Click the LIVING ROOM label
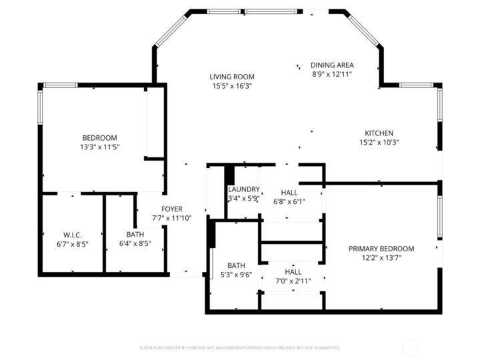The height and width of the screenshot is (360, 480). tap(232, 77)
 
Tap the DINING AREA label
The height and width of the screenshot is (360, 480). tap(332, 65)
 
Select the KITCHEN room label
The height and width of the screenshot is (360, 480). tap(379, 133)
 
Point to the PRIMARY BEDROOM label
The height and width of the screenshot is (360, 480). tap(381, 249)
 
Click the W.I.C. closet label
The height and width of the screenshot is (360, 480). tap(73, 235)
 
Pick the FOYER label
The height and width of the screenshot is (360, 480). tap(172, 209)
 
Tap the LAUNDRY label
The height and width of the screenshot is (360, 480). tap(243, 189)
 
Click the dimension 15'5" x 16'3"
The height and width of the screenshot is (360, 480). tap(232, 86)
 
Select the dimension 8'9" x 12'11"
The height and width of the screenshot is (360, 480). tap(332, 74)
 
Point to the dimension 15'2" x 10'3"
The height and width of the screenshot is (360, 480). tap(379, 142)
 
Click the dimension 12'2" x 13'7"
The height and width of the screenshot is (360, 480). tap(381, 258)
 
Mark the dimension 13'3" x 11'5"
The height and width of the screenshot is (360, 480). tap(99, 147)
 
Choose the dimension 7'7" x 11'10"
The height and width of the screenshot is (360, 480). tap(172, 218)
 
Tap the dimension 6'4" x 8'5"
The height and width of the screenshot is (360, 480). tap(135, 244)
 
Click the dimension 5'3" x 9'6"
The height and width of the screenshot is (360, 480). tap(236, 274)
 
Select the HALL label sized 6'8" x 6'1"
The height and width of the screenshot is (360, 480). tap(289, 192)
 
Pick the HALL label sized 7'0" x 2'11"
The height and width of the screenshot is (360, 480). tap(293, 272)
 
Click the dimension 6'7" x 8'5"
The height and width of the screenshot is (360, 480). tap(73, 244)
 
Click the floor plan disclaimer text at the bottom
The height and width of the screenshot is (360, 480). tap(239, 348)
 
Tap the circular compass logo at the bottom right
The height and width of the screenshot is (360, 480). tap(412, 347)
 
